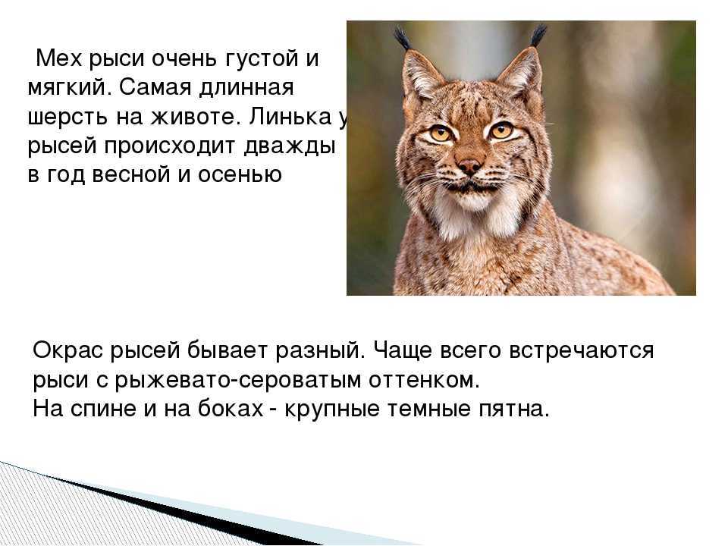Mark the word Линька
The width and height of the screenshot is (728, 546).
pyautogui.click(x=291, y=117)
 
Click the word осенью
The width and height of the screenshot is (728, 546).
pyautogui.click(x=240, y=175)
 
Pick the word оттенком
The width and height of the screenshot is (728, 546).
pyautogui.click(x=424, y=380)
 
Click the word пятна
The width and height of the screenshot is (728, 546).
pyautogui.click(x=513, y=409)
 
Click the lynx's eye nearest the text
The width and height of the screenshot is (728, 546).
pyautogui.click(x=440, y=134)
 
